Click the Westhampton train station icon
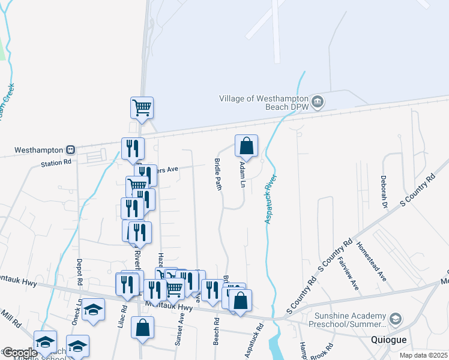click(71, 149)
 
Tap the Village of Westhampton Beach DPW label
click(264, 103)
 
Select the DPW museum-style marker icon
click(318, 103)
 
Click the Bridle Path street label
click(218, 175)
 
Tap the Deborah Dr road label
click(383, 191)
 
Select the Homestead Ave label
click(370, 261)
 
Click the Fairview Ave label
click(349, 272)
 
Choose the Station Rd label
click(56, 163)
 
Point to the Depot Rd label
click(79, 272)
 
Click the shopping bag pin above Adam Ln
click(246, 146)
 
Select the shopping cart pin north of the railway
click(142, 108)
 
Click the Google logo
click(19, 353)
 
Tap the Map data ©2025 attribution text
click(424, 355)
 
